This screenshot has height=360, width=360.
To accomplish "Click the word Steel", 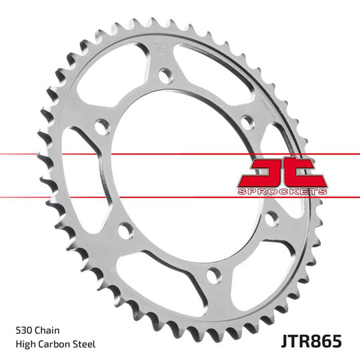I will pyautogui.click(x=85, y=343).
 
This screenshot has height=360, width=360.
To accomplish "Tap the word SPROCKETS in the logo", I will pyautogui.click(x=282, y=192).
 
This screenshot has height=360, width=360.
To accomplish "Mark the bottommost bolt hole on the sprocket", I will pyautogui.click(x=212, y=273).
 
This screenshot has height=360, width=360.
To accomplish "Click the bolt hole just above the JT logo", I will pyautogui.click(x=246, y=122).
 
